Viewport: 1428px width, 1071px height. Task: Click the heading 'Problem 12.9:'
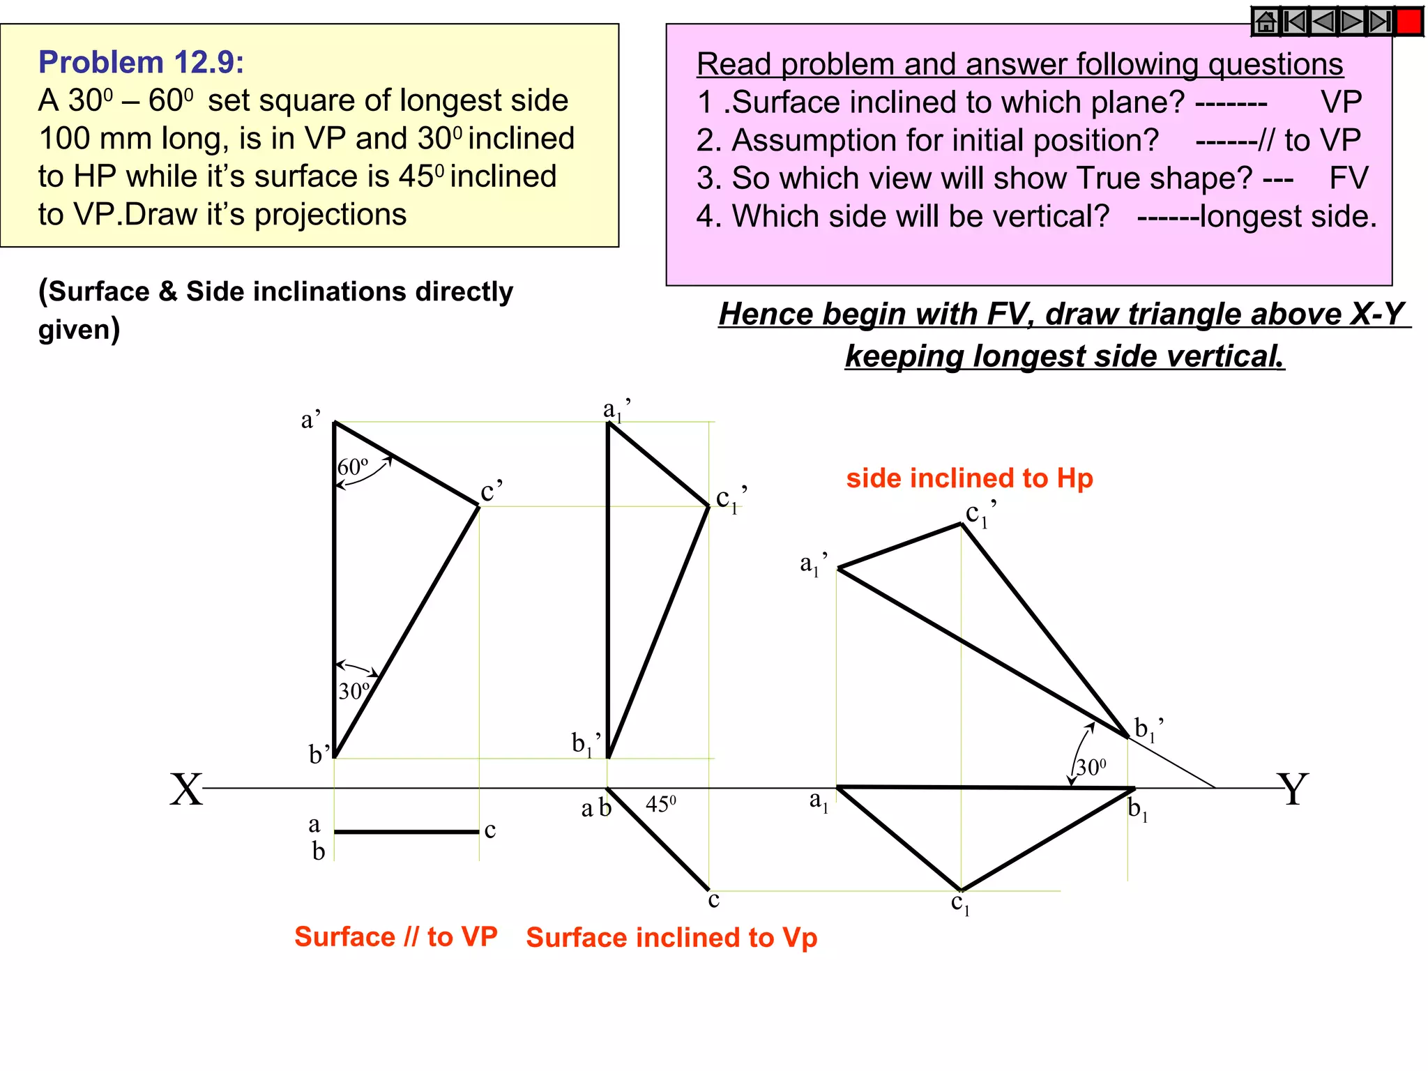[x=142, y=63]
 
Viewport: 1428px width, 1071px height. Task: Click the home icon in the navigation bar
[x=1266, y=22]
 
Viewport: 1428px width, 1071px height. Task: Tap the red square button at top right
[x=1409, y=22]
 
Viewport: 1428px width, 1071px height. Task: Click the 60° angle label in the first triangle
[x=353, y=466]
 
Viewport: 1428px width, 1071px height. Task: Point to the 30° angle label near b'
[x=354, y=691]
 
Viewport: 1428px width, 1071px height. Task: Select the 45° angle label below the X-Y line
[x=660, y=805]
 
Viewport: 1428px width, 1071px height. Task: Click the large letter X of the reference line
[x=186, y=790]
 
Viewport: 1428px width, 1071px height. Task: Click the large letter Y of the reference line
[x=1293, y=790]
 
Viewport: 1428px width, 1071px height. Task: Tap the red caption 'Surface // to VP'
[x=395, y=936]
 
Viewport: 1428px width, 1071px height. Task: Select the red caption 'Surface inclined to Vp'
[x=671, y=938]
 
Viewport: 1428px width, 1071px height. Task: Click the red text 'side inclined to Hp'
[x=969, y=478]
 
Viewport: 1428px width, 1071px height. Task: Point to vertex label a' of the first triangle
[x=310, y=420]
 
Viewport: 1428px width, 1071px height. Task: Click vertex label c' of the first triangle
[x=491, y=492]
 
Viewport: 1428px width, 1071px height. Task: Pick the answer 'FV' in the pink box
[x=1349, y=178]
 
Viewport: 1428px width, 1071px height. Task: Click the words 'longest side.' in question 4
[x=1289, y=217]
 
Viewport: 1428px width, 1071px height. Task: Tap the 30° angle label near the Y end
[x=1091, y=768]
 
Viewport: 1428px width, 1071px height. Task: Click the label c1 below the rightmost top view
[x=960, y=904]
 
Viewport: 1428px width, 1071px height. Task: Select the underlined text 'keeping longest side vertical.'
[x=1065, y=356]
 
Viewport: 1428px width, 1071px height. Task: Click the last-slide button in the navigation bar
[x=1380, y=22]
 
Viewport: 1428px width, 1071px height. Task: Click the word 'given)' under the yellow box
[x=79, y=329]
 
